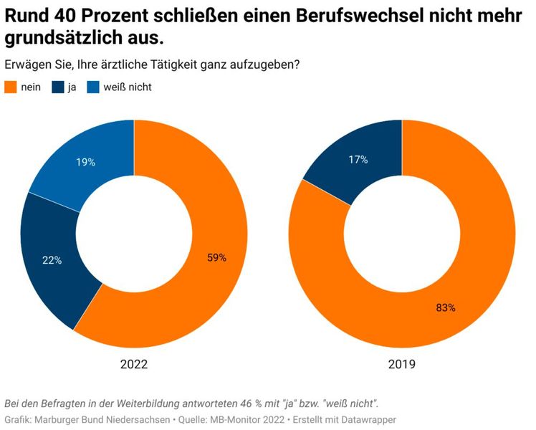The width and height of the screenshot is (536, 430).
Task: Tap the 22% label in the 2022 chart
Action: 52,260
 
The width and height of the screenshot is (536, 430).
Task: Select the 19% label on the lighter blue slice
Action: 85,162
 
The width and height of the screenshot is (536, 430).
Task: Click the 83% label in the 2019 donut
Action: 446,307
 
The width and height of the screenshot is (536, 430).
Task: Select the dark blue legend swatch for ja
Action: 57,87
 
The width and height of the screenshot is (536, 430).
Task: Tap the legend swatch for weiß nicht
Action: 93,87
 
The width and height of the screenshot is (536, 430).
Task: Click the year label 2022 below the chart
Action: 133,364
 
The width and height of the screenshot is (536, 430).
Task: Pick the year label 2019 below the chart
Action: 402,364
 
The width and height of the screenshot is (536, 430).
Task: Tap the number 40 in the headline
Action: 70,14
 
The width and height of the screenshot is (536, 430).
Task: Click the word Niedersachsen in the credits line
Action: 133,419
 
